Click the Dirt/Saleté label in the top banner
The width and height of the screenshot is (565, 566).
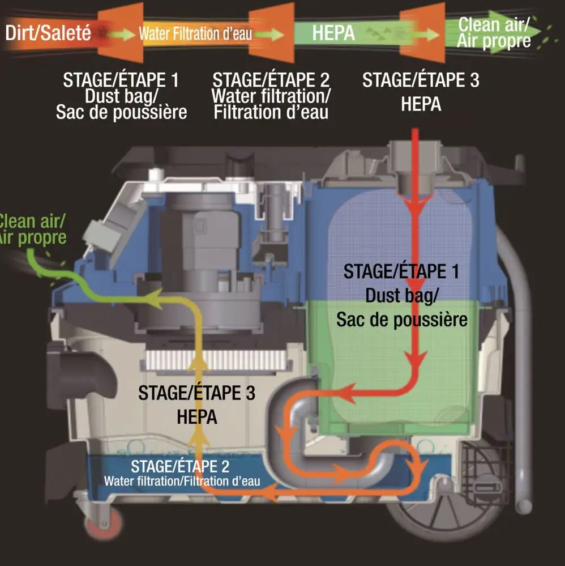48,33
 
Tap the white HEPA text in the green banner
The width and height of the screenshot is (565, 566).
333,33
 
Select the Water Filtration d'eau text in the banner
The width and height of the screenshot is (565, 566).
195,34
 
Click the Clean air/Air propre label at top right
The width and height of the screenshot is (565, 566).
494,32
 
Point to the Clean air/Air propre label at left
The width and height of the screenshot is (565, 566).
33,229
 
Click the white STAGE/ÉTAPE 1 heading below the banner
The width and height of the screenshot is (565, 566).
121,80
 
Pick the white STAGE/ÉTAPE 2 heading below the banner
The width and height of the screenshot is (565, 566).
271,80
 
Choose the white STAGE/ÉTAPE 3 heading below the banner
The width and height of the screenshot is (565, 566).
421,80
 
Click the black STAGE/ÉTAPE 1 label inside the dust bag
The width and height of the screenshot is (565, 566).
401,271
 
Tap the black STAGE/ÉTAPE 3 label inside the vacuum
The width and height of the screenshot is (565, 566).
196,392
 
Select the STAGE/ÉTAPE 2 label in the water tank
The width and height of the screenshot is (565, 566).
180,467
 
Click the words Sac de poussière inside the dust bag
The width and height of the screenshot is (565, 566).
402,320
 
